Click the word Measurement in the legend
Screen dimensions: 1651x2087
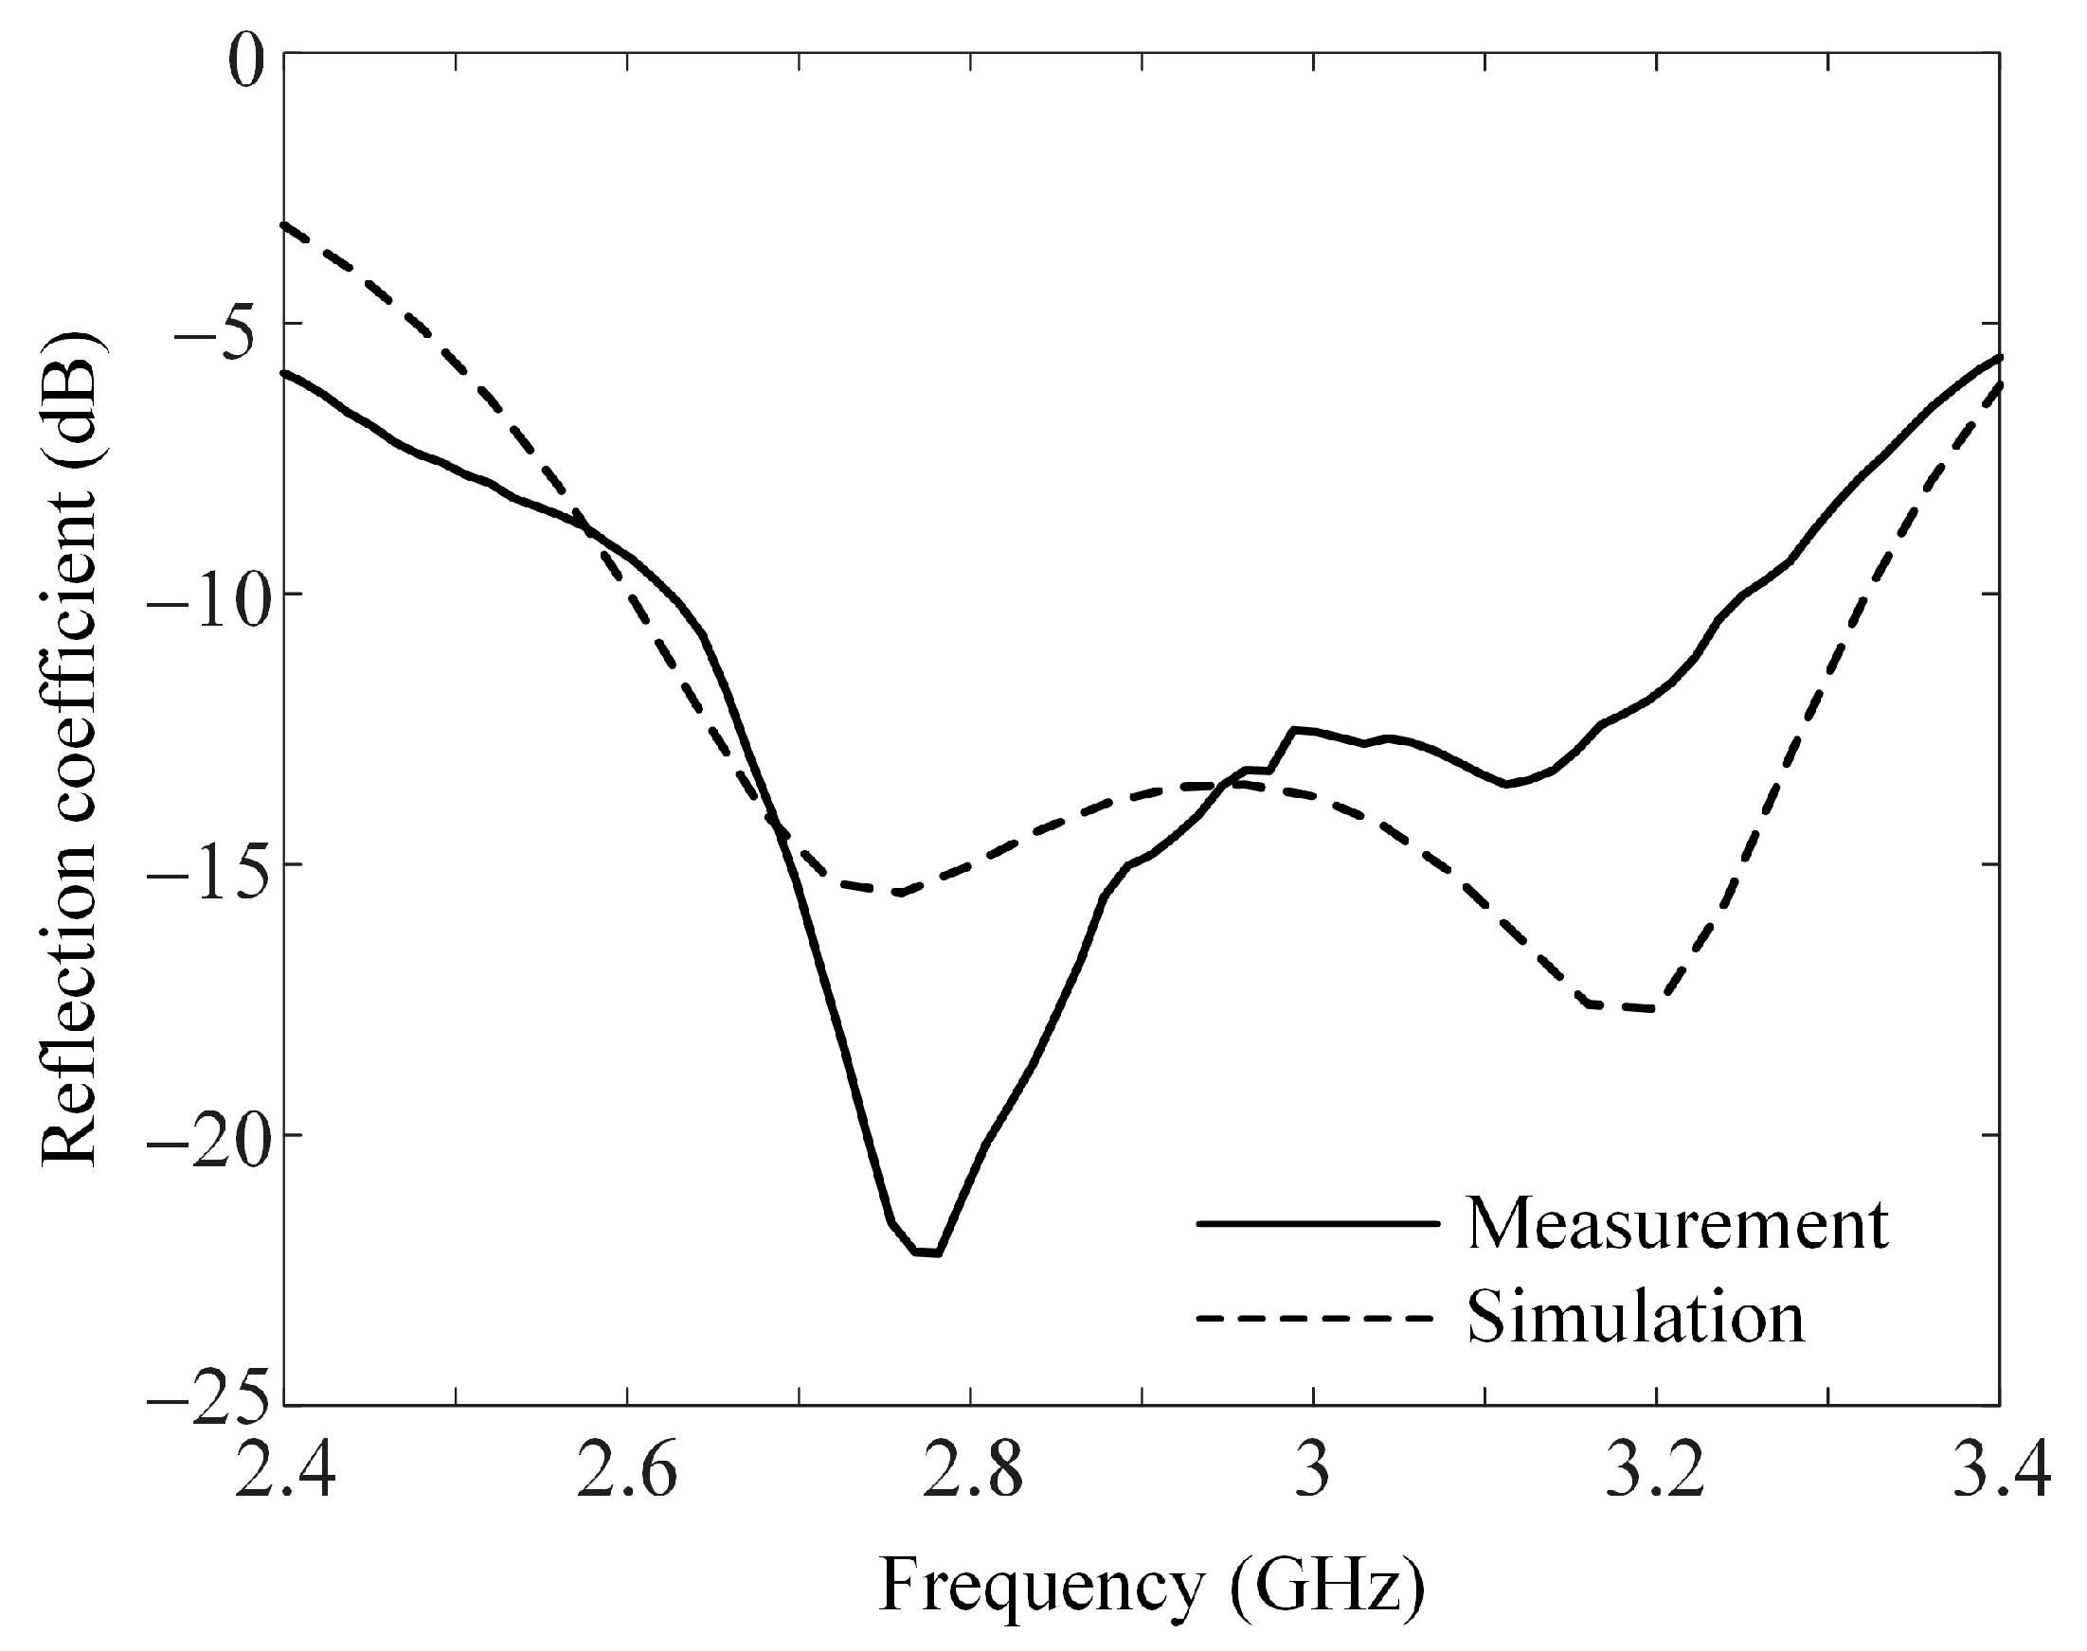pos(1677,1225)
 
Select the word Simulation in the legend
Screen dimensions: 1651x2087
pos(1635,1318)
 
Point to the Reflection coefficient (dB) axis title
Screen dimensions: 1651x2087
pos(70,748)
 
